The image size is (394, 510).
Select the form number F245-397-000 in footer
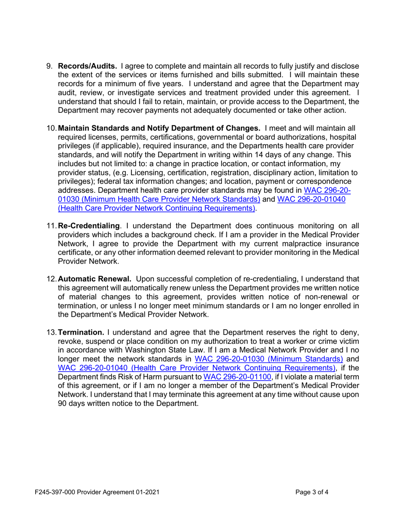click(57, 493)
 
